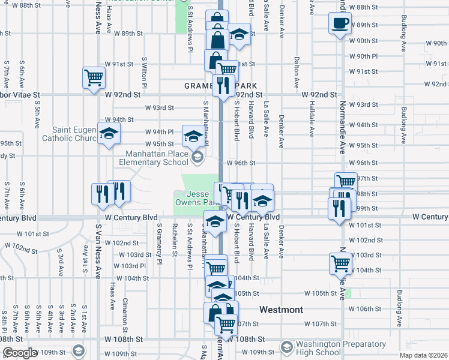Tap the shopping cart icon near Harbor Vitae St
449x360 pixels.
[x=94, y=77]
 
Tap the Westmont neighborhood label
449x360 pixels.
[x=281, y=310]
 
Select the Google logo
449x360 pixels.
[x=20, y=353]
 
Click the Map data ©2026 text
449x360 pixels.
[x=423, y=355]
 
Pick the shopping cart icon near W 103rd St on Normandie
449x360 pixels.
[x=340, y=262]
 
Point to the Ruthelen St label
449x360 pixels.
[x=175, y=239]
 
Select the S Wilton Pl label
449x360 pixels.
[x=145, y=71]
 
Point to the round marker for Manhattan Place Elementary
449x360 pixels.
[x=196, y=157]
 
